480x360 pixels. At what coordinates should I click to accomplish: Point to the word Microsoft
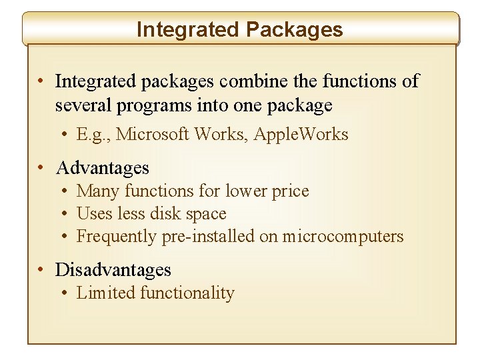click(153, 135)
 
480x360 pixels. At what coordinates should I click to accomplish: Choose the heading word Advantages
click(103, 167)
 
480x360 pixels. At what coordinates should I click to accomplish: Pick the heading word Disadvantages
click(113, 270)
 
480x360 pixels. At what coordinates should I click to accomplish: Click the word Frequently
click(117, 237)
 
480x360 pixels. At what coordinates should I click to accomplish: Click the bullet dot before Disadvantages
click(41, 270)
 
